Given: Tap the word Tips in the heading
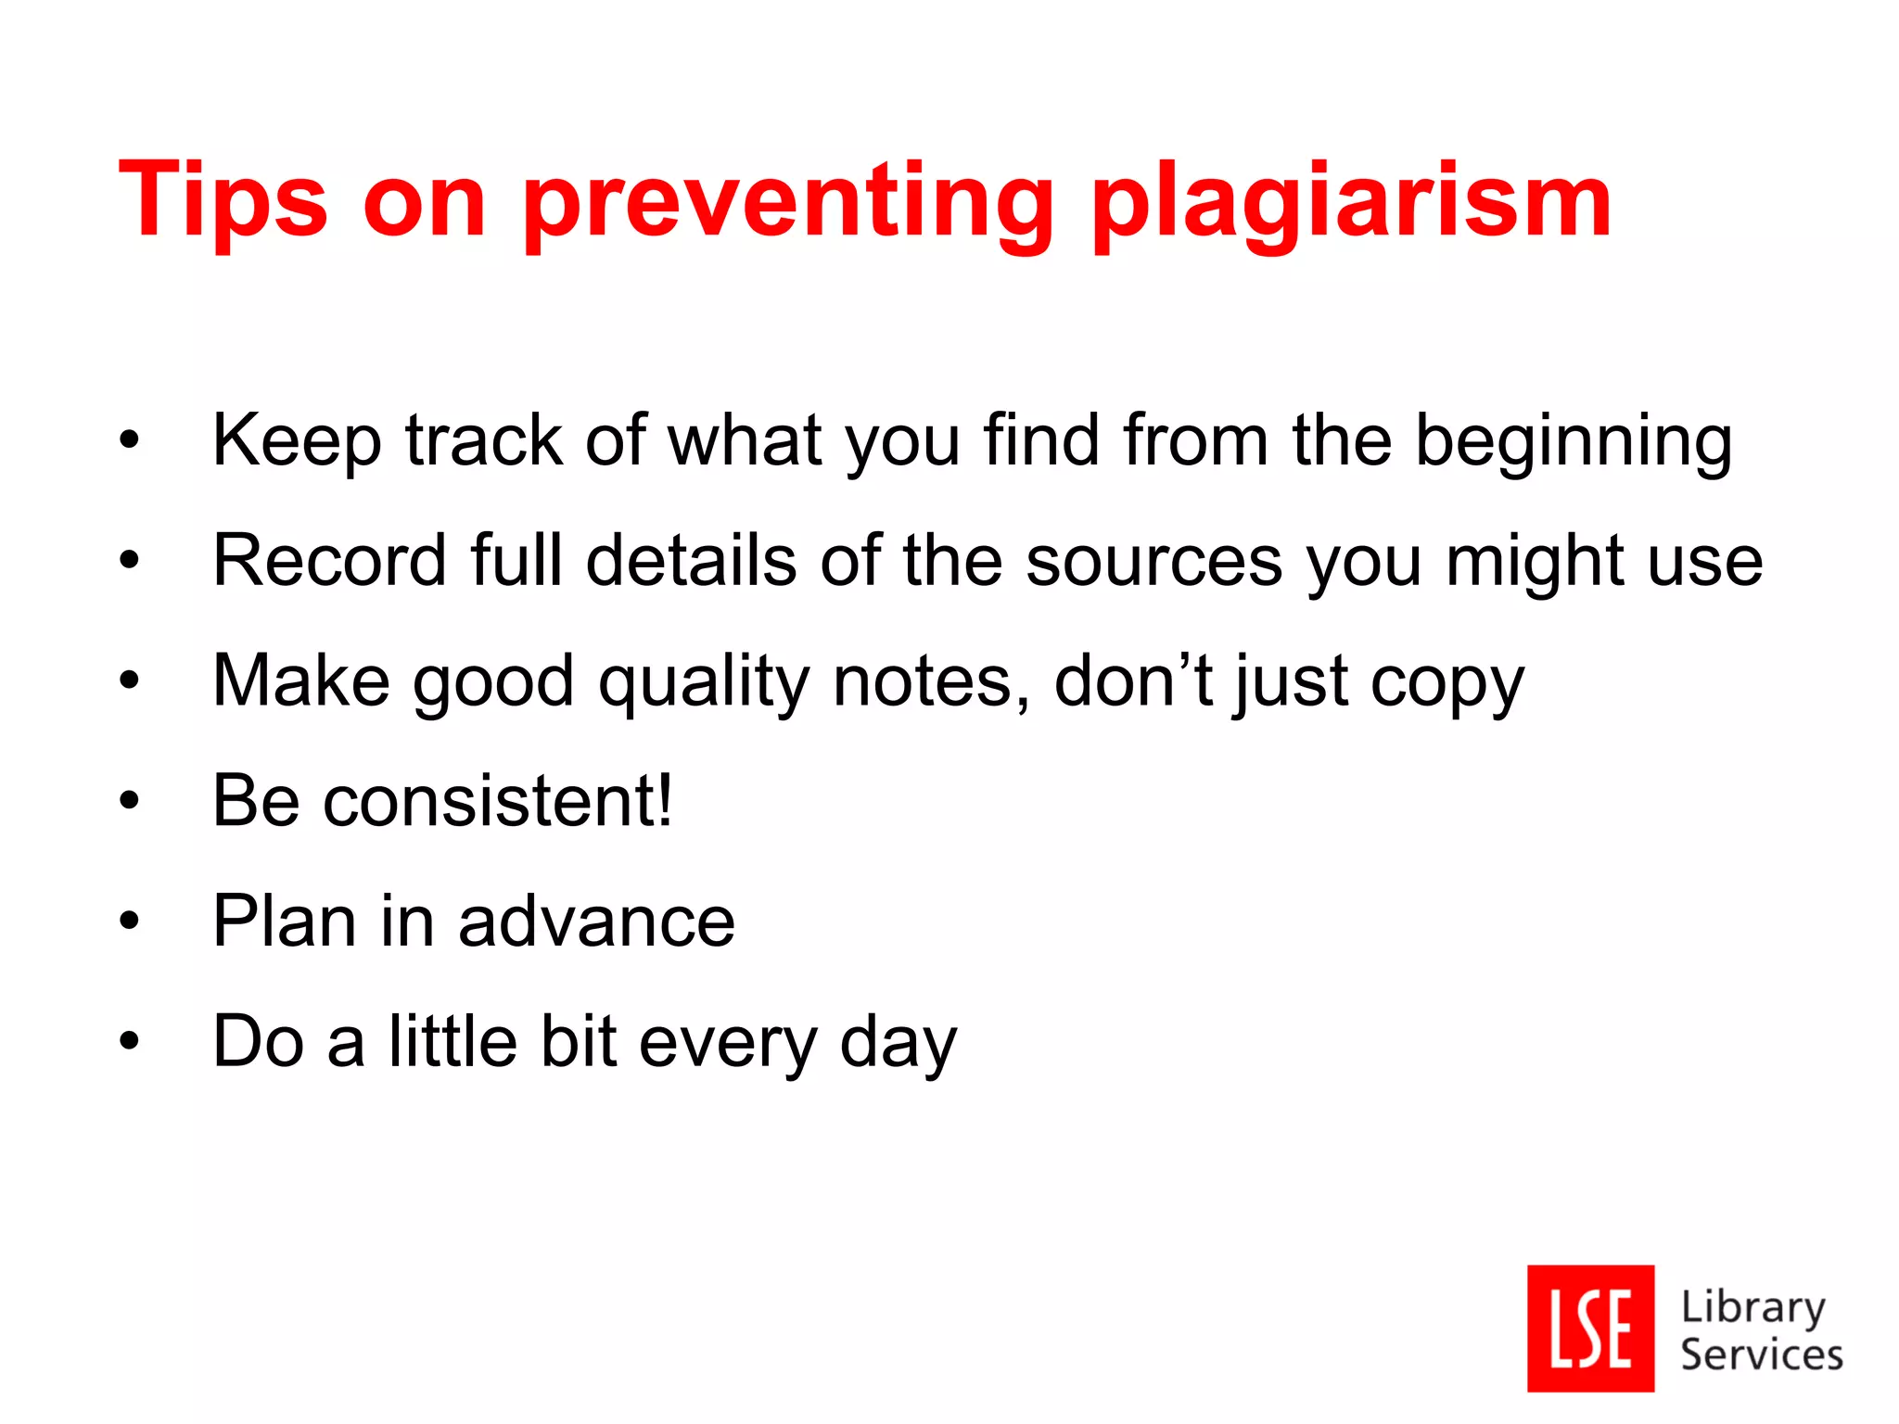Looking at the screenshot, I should click(223, 200).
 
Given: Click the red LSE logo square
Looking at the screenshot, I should click(1590, 1328).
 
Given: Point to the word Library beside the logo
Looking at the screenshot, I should click(1752, 1307).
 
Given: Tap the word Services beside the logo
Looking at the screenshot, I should click(1761, 1354).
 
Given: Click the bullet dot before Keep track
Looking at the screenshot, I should click(129, 440).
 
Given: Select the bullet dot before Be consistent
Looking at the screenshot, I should click(129, 801).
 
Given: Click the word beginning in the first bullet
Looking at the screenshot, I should click(1574, 442).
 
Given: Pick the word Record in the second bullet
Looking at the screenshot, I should click(330, 561).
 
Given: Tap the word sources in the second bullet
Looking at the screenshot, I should click(1154, 562).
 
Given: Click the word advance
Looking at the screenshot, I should click(596, 922).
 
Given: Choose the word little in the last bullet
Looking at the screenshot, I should click(452, 1041).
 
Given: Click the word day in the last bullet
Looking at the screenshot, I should click(898, 1044).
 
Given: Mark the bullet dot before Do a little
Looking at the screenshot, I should click(129, 1041).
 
